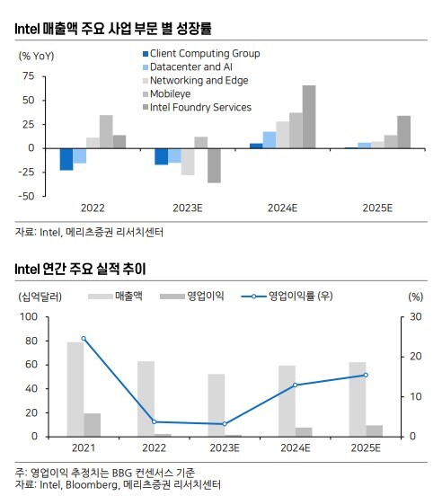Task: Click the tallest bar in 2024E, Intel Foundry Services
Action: pyautogui.click(x=309, y=117)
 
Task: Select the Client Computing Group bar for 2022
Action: pyautogui.click(x=66, y=159)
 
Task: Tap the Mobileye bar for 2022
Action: pyautogui.click(x=106, y=131)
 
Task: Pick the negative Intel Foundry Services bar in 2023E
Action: pyautogui.click(x=214, y=165)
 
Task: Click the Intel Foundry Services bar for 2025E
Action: pyautogui.click(x=404, y=132)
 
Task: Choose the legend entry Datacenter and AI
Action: pyautogui.click(x=188, y=67)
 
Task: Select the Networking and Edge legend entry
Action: pyautogui.click(x=196, y=81)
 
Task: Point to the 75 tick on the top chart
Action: pyautogui.click(x=28, y=75)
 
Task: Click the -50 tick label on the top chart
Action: pyautogui.click(x=26, y=196)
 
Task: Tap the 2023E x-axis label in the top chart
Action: pyautogui.click(x=188, y=208)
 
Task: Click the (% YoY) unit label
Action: pyautogui.click(x=36, y=56)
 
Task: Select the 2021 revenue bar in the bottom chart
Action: pyautogui.click(x=75, y=389)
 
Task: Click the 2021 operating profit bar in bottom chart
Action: pyautogui.click(x=92, y=425)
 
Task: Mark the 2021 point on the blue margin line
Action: pyautogui.click(x=84, y=339)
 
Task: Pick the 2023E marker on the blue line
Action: pyautogui.click(x=225, y=424)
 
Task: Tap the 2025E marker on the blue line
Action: pyautogui.click(x=366, y=376)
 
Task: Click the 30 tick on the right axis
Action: pyautogui.click(x=416, y=317)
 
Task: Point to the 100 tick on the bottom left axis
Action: pyautogui.click(x=29, y=317)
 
